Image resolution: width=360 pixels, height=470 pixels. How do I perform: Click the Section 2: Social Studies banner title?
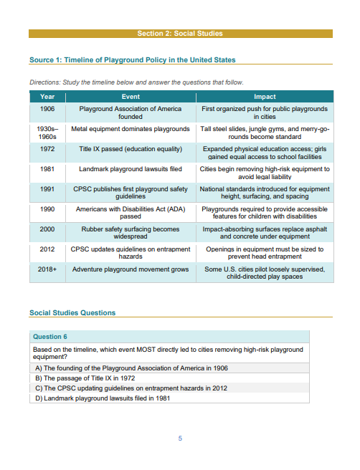pos(180,34)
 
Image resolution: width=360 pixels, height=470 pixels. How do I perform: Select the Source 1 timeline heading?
pos(132,60)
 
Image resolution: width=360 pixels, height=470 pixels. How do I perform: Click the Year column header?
pos(47,96)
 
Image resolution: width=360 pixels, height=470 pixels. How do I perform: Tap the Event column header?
pos(130,96)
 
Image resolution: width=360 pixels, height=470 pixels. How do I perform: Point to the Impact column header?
pos(265,96)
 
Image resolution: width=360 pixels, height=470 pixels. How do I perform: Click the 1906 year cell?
pos(47,109)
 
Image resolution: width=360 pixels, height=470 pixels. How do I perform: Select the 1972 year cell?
pos(47,149)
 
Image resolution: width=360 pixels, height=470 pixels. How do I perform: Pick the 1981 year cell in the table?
pos(47,169)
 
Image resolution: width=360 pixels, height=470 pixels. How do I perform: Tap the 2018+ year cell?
pos(47,269)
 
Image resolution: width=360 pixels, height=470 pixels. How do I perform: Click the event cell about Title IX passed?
pos(130,149)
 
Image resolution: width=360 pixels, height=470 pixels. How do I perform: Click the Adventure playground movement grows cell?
pos(130,269)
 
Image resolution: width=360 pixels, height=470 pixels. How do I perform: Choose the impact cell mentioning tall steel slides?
pos(265,133)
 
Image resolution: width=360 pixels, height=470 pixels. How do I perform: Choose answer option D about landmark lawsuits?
pos(103,398)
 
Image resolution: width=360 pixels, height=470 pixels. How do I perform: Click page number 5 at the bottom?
pos(180,438)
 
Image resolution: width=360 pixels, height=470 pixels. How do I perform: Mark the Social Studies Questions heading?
pos(72,312)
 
